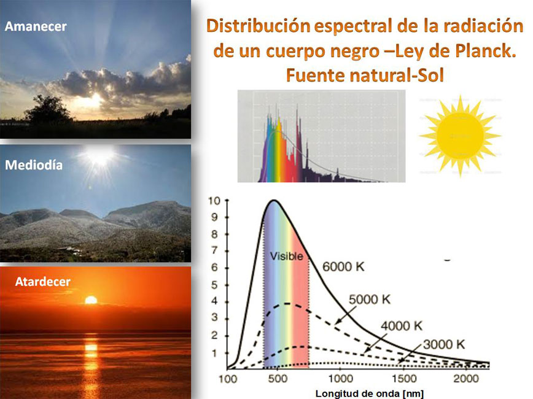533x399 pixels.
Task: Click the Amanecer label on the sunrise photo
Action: point(36,26)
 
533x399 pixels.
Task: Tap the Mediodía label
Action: point(34,165)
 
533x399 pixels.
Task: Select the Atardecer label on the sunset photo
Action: point(43,281)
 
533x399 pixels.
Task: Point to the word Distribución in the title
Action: point(259,26)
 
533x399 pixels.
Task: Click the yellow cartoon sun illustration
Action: point(460,136)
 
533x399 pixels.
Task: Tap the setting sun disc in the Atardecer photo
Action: point(91,300)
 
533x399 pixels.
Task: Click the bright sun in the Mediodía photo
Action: point(100,157)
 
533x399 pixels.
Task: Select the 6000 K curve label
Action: point(343,267)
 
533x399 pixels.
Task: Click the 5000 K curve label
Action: point(370,300)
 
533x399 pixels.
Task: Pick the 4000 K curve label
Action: point(402,326)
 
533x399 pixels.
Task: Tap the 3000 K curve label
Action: point(444,344)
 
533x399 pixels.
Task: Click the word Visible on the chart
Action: point(287,256)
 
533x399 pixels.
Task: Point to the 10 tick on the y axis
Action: point(214,201)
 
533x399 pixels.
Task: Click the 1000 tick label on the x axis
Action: point(341,378)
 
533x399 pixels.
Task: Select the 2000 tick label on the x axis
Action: point(466,378)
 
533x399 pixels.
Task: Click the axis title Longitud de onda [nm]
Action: point(370,393)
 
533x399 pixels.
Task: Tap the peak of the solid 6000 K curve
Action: point(274,201)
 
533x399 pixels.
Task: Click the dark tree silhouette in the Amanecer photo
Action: point(48,109)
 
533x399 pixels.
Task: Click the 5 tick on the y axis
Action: point(214,284)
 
